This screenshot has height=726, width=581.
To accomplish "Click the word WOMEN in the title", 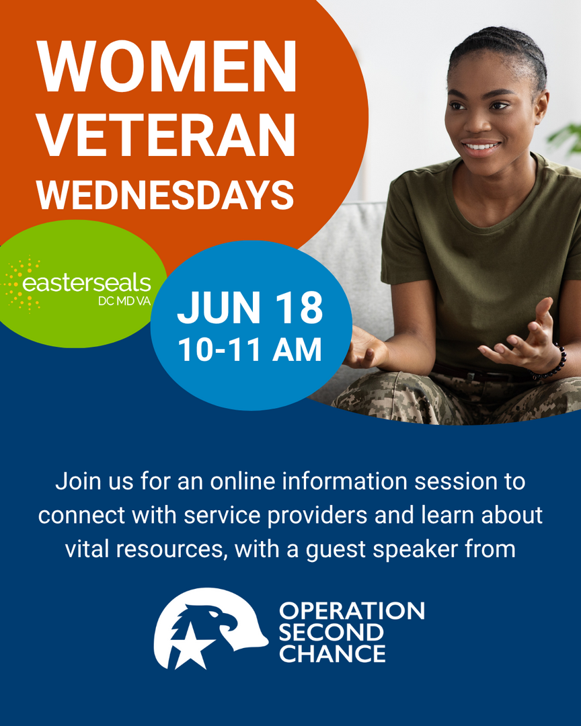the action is [x=166, y=66].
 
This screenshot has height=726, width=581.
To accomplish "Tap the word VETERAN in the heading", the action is [x=166, y=134].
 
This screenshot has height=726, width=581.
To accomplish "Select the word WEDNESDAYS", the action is [x=165, y=196].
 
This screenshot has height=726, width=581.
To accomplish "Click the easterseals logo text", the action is [x=87, y=283].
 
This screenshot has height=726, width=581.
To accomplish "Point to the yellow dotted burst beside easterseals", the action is [x=21, y=284].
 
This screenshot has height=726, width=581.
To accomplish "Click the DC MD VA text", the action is [x=124, y=301].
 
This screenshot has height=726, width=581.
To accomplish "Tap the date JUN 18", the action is [x=249, y=309].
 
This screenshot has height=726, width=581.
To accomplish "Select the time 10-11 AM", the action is [x=249, y=350].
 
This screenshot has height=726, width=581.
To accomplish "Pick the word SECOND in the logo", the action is [x=332, y=633].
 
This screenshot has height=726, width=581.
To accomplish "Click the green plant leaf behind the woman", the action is [x=565, y=137].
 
